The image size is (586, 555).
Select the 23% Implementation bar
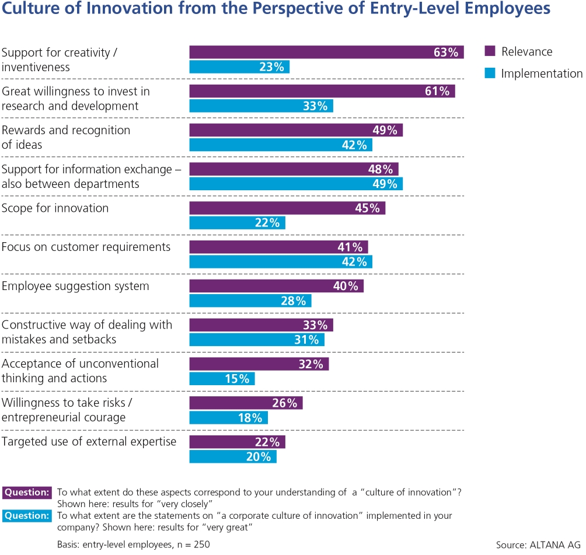(x=239, y=67)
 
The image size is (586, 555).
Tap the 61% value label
(x=437, y=91)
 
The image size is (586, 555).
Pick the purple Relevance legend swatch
(x=490, y=52)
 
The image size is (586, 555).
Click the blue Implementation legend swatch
(x=490, y=74)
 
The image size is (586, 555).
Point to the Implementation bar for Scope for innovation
(x=237, y=223)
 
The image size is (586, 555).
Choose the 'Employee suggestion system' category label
(x=75, y=287)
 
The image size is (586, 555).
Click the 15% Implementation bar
(x=222, y=379)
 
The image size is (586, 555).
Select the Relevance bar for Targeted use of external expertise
(x=237, y=442)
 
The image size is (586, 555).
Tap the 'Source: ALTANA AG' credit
(x=539, y=545)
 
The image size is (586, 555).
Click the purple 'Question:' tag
(x=27, y=492)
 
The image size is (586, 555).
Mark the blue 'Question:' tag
(x=27, y=516)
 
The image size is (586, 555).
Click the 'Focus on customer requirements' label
(x=86, y=247)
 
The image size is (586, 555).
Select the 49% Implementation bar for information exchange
(x=296, y=184)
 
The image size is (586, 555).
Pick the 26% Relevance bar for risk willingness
(x=246, y=403)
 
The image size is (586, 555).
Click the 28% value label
(x=294, y=301)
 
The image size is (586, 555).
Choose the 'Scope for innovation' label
(x=55, y=208)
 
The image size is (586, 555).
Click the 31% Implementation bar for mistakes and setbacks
(x=257, y=340)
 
